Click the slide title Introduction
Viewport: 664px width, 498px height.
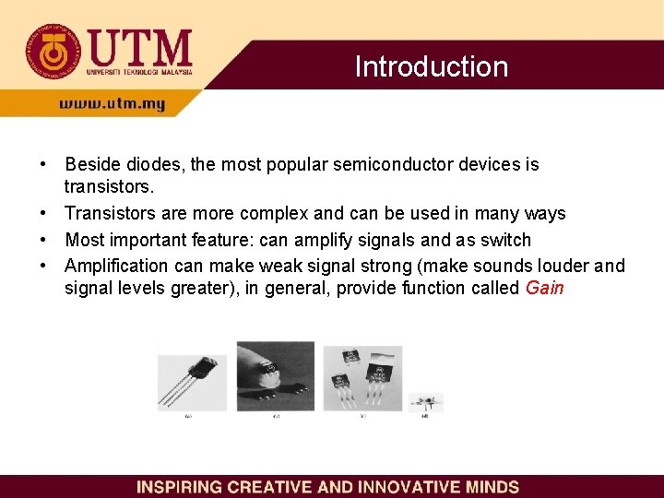[x=431, y=66]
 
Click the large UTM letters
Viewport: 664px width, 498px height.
[x=139, y=46]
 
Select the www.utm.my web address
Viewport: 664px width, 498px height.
[x=112, y=104]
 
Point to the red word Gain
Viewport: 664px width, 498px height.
[x=544, y=288]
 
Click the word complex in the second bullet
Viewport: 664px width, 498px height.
[x=274, y=213]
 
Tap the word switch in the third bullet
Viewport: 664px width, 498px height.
[x=504, y=240]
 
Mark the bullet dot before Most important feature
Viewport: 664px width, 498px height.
[x=43, y=240]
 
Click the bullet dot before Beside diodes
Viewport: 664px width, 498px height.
[x=43, y=164]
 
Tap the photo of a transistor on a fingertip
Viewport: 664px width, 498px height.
[x=275, y=374]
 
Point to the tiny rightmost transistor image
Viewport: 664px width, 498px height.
[x=426, y=402]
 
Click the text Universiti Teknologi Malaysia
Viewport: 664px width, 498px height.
[x=139, y=71]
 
